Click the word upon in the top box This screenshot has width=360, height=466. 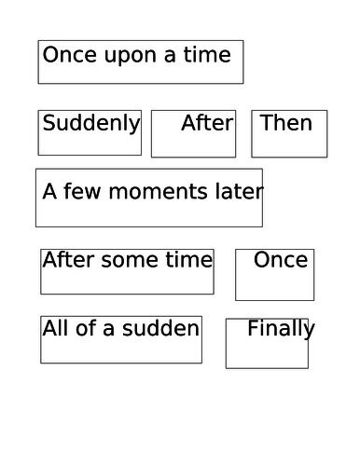coord(121,56)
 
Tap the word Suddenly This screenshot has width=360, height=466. coord(91,123)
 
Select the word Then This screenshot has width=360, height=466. coord(285,123)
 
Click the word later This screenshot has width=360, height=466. coord(238,192)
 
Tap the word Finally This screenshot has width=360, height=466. coord(281,329)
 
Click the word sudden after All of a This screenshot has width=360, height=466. coord(167,328)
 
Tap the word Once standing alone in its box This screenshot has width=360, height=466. coord(281,260)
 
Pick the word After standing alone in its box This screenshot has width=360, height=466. coord(207,123)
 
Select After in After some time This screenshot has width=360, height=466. coord(67,260)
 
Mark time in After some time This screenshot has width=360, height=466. coord(191,260)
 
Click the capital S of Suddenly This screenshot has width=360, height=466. coord(48,123)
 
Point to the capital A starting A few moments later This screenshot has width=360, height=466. coord(49,192)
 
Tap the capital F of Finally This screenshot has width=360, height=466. coord(253,329)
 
